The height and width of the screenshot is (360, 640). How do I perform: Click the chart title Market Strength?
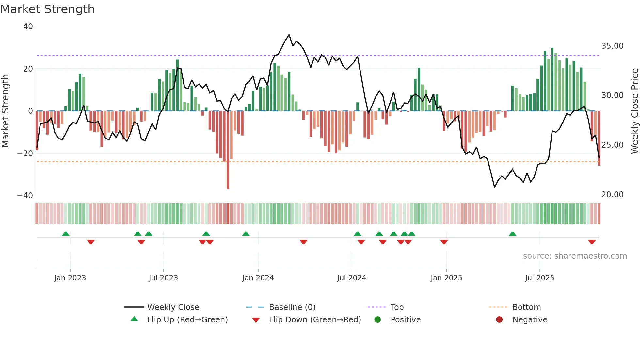pos(47,9)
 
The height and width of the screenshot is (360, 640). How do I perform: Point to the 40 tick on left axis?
pos(28,26)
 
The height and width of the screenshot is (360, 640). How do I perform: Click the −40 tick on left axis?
pos(25,196)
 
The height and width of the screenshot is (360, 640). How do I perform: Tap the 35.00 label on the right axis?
pos(612,46)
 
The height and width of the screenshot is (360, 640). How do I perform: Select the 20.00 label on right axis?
pos(612,195)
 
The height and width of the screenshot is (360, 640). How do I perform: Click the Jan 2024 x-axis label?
pos(258,278)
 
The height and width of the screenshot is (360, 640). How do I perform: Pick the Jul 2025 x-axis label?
pos(539,278)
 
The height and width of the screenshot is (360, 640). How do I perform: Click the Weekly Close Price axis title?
pos(634,111)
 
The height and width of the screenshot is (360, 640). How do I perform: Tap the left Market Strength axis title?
pos(5,111)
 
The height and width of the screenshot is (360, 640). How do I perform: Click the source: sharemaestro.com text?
pos(575,256)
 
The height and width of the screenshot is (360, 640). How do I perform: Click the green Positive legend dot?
pos(378,320)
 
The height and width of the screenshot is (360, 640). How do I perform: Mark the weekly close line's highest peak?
pos(289,35)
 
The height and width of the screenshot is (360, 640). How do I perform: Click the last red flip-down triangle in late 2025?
pos(592,242)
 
